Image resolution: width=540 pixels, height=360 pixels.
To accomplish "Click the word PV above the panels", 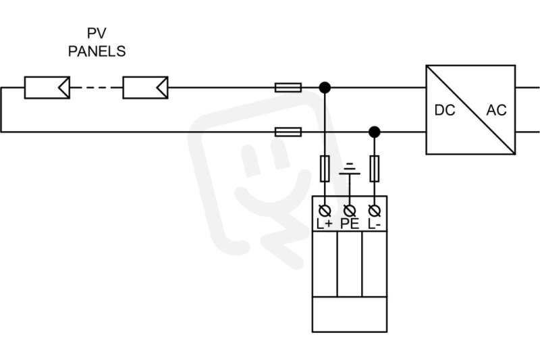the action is pyautogui.click(x=97, y=33).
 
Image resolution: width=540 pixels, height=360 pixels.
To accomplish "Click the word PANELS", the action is pyautogui.click(x=97, y=51).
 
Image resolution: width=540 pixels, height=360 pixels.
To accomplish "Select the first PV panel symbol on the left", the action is pyautogui.click(x=47, y=88).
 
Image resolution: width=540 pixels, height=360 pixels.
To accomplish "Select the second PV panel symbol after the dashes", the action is pyautogui.click(x=145, y=88).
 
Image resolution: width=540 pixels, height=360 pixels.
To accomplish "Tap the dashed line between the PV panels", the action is pyautogui.click(x=97, y=88).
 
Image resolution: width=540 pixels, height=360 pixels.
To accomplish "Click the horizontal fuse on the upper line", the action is pyautogui.click(x=288, y=88).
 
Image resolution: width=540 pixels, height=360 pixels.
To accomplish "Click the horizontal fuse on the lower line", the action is pyautogui.click(x=288, y=132).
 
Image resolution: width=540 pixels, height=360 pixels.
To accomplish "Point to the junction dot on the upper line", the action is pyautogui.click(x=325, y=88).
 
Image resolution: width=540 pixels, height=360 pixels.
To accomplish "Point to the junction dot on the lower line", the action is pyautogui.click(x=375, y=132).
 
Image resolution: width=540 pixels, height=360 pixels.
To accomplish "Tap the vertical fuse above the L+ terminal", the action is pyautogui.click(x=325, y=168).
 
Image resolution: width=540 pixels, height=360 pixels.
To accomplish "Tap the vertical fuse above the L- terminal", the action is pyautogui.click(x=375, y=168).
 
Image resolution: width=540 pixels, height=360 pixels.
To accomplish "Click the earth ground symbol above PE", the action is pyautogui.click(x=350, y=169).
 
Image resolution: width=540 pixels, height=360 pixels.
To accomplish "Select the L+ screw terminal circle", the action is pyautogui.click(x=325, y=210).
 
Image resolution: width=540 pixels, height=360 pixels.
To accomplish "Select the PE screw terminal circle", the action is pyautogui.click(x=350, y=210).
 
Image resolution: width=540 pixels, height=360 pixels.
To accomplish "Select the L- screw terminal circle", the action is pyautogui.click(x=375, y=210).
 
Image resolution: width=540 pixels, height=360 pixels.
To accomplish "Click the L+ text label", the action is pyautogui.click(x=325, y=224).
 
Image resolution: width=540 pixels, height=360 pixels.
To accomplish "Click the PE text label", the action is pyautogui.click(x=350, y=224).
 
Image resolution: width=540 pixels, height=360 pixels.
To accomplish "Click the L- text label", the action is pyautogui.click(x=374, y=224).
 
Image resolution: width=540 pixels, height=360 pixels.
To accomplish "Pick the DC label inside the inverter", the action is pyautogui.click(x=445, y=110).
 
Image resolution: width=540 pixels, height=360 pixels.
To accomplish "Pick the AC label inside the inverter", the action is pyautogui.click(x=496, y=110).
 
